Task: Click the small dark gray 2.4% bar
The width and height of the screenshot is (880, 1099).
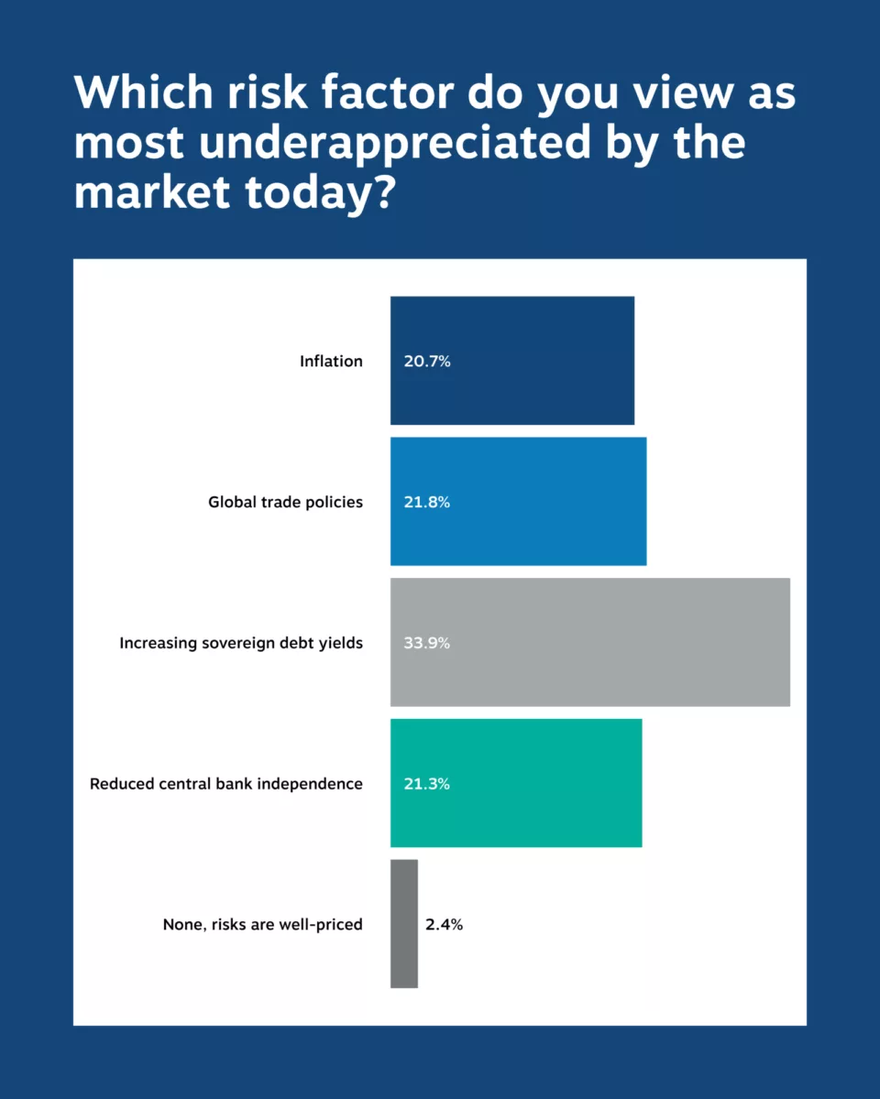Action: (404, 924)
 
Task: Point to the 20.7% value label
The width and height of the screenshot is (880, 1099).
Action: (427, 362)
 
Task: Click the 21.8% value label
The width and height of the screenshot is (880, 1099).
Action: (427, 503)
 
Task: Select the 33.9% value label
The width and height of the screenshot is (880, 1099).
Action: (427, 644)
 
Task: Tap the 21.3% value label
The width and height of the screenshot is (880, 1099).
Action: (427, 785)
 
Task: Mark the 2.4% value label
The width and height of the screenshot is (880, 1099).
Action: (444, 925)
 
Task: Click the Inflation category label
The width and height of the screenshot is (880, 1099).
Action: (331, 362)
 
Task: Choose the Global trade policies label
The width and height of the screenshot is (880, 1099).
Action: (285, 503)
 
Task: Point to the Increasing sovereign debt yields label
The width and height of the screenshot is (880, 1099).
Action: (241, 644)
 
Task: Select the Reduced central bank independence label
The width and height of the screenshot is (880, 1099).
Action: (226, 785)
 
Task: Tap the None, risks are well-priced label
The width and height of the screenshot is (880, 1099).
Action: (263, 925)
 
